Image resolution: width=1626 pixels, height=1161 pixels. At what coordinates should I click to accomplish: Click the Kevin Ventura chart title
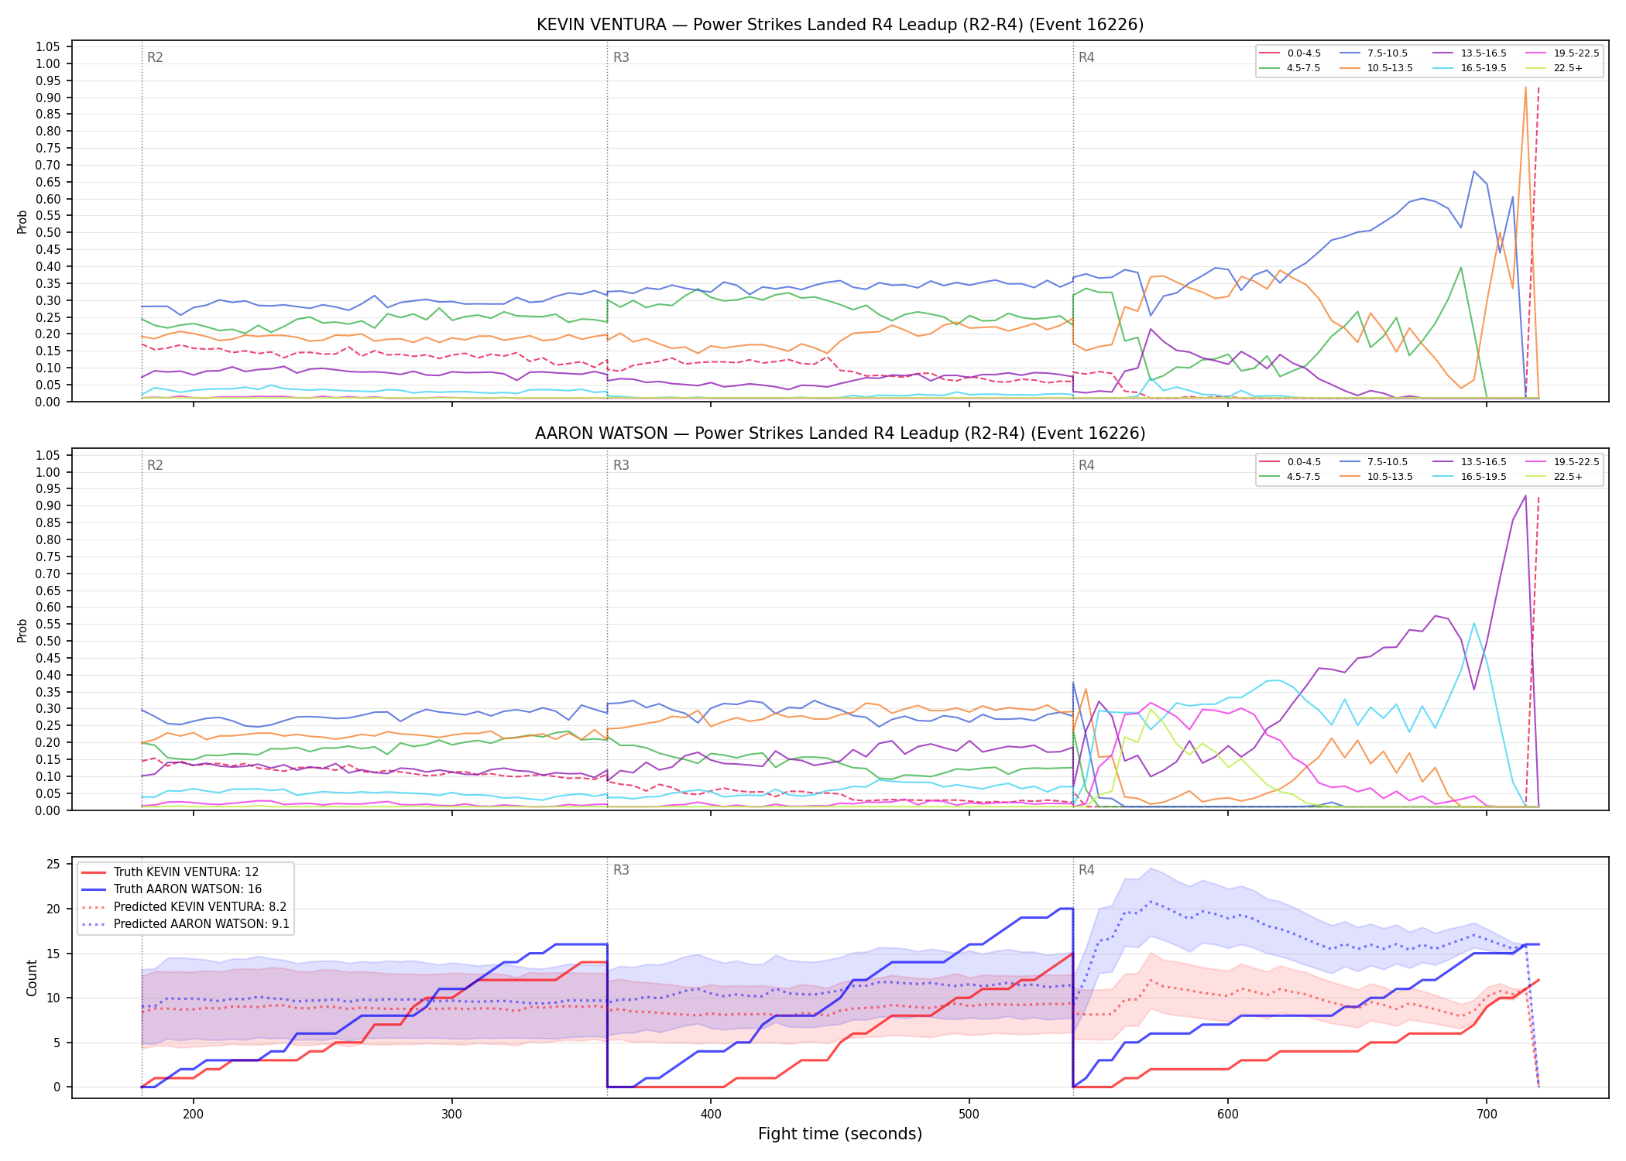(840, 25)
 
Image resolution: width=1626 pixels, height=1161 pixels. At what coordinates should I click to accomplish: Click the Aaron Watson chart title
(840, 433)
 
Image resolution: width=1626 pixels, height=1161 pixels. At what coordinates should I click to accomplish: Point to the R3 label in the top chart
(621, 57)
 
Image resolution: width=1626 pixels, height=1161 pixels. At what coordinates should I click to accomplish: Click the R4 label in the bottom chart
(1086, 870)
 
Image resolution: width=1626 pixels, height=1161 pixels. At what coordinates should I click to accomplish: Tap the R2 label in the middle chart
(155, 465)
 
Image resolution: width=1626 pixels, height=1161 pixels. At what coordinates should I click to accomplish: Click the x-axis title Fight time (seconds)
(840, 1134)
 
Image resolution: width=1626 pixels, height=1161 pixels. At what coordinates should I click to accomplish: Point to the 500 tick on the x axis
(969, 1114)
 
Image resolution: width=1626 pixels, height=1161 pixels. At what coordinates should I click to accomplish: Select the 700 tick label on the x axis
(1487, 1114)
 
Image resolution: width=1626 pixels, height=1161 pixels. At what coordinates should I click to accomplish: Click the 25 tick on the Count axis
(53, 864)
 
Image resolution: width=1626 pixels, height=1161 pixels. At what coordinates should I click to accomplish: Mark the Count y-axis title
(32, 978)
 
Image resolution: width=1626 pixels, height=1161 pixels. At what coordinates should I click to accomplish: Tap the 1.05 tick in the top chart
(48, 47)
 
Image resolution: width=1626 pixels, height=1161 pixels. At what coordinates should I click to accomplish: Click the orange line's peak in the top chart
(1525, 87)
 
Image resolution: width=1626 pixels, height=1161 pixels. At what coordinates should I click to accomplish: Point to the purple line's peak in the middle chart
(1525, 495)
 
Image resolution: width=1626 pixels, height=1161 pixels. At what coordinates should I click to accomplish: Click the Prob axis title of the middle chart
(22, 630)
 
